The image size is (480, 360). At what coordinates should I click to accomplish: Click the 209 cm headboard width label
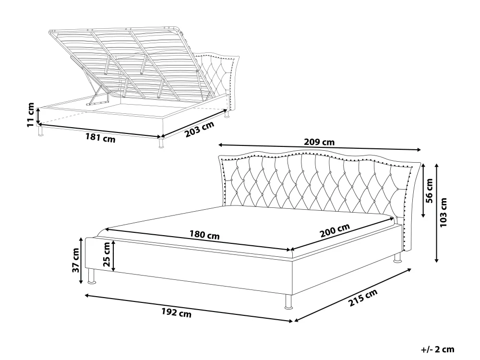pos(319,142)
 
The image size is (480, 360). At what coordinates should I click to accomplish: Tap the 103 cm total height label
pos(443,213)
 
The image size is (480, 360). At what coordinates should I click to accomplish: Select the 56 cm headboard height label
pos(429,191)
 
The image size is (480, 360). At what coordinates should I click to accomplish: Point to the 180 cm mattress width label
pos(204,235)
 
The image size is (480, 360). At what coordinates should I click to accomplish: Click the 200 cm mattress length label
pos(335,230)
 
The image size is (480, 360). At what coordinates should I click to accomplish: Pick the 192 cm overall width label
pos(176,312)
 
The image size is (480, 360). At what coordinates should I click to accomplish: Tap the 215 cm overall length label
pos(363,298)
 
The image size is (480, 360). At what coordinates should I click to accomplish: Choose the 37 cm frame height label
pos(76,260)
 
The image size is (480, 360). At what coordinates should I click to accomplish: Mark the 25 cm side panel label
pos(107,254)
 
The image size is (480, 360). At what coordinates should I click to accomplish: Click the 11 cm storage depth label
pos(31,115)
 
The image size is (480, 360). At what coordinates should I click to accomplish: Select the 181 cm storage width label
pos(100,138)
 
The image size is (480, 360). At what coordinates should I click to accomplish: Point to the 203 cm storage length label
pos(200,129)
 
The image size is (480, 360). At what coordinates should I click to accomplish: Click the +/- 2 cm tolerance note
pos(437,349)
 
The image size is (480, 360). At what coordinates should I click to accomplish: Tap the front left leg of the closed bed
pos(91,276)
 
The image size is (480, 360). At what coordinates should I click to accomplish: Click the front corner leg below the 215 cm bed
pos(288,302)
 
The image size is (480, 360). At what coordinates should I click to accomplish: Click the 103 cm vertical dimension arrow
pos(437,213)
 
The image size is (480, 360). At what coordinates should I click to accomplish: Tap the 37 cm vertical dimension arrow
pos(81,261)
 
